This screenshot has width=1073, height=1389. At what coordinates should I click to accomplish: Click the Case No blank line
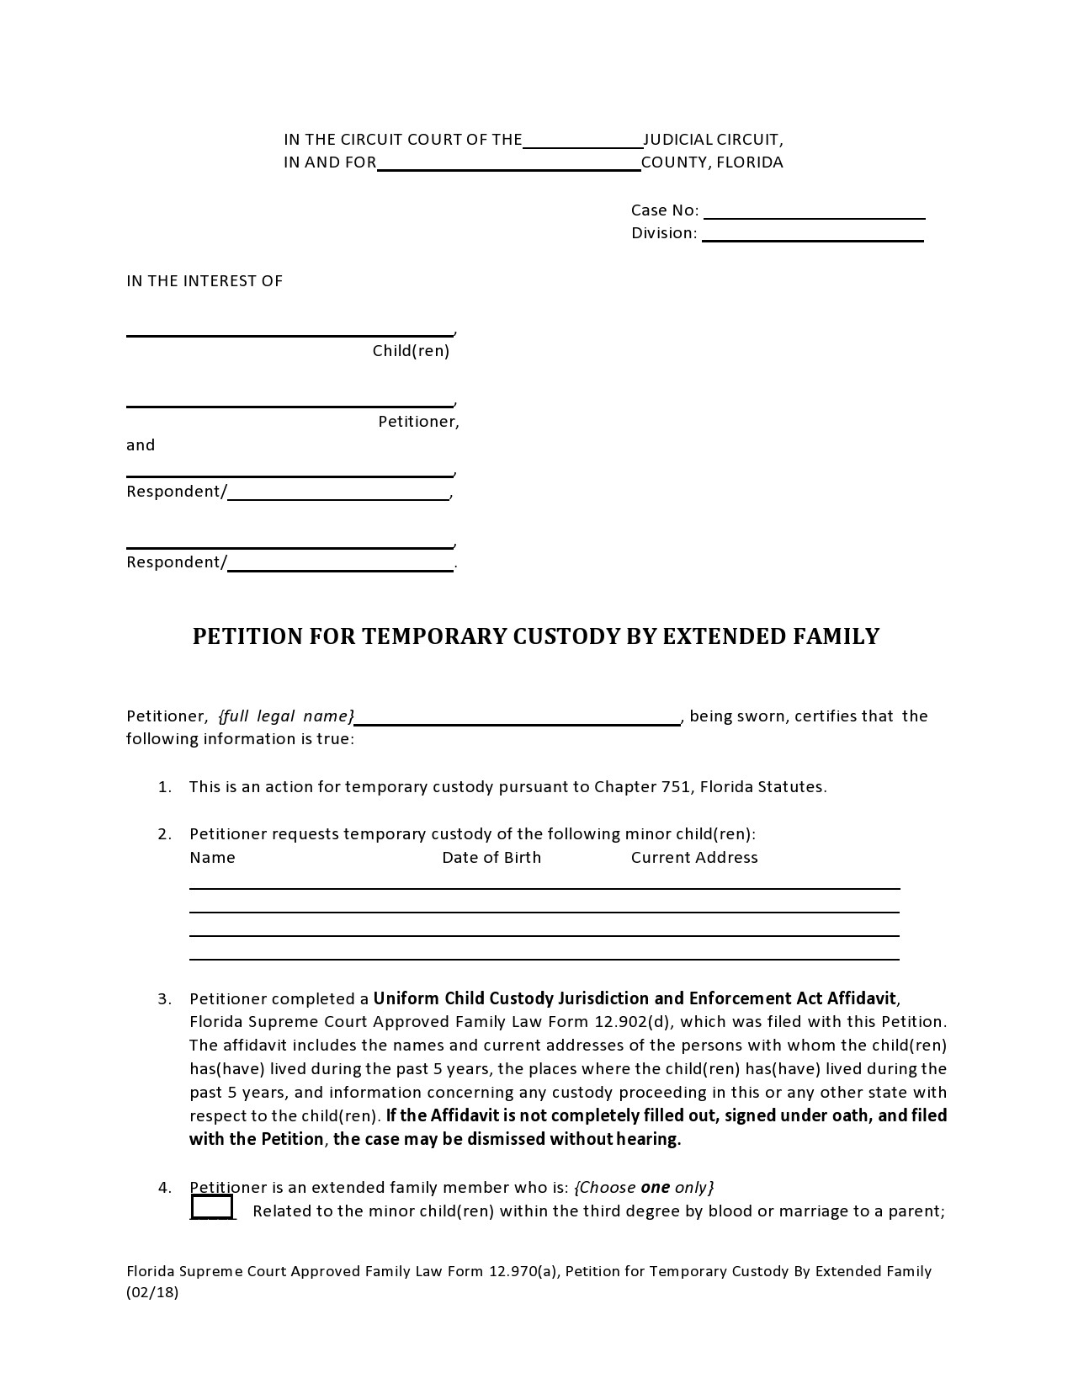coord(820,212)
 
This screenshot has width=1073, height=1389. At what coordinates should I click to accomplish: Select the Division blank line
coord(812,235)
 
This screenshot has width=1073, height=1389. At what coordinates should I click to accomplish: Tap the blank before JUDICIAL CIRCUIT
coord(582,141)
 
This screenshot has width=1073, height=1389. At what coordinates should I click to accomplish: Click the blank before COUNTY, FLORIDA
coord(508,164)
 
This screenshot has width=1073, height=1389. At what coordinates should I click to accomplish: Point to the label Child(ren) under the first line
coord(411,351)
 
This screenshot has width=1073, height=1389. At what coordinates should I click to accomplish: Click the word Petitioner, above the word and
coord(418,422)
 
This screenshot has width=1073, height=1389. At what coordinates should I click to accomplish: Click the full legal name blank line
coord(517,718)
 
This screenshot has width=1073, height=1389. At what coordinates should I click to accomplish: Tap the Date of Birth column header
coord(491,858)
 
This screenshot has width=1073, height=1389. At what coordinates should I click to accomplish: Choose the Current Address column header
coord(694,858)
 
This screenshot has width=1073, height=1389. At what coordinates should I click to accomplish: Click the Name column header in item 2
coord(212,858)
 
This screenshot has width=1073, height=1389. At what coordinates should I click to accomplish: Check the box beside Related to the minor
coord(212,1207)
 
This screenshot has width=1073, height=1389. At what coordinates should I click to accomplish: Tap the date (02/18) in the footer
coord(152,1293)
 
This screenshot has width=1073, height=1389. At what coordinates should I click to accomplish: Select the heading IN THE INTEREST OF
coord(205,281)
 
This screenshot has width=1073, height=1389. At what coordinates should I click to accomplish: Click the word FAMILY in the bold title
coord(837,636)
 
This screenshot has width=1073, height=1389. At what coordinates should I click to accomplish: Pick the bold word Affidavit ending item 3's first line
coord(862,999)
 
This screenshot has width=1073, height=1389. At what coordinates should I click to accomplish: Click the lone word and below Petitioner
coord(141,445)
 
